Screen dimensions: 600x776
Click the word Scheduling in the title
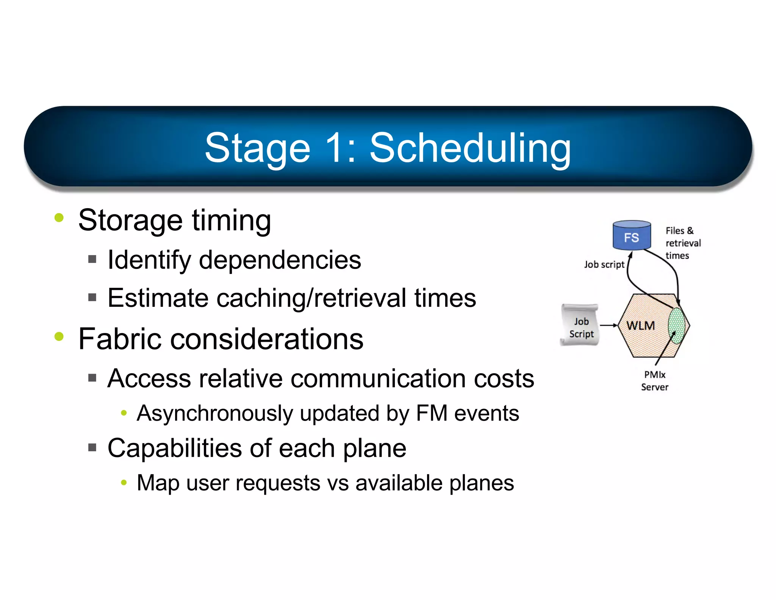[x=470, y=149]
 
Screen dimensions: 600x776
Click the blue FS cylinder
[x=632, y=236]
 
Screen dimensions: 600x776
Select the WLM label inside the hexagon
[x=640, y=325]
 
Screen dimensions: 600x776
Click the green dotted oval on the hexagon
[x=676, y=325]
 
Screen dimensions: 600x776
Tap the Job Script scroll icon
[x=580, y=325]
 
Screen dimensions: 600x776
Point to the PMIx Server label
[x=655, y=381]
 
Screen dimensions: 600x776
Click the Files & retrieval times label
[x=683, y=243]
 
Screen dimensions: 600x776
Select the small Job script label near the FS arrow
[x=604, y=264]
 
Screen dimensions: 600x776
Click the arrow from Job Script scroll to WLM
[x=609, y=325]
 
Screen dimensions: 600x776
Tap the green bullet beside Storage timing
[x=59, y=218]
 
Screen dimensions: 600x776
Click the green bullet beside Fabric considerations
[x=59, y=336]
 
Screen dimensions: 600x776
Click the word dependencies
[x=280, y=260]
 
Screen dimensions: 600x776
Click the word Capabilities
[x=175, y=448]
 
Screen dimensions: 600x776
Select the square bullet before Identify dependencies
[x=92, y=259]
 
